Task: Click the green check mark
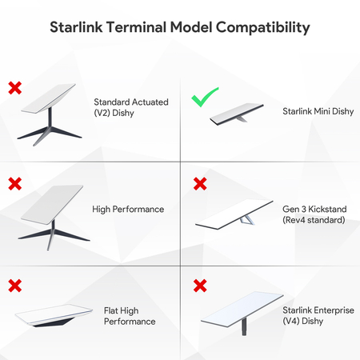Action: [x=205, y=100]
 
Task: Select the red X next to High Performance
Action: [x=14, y=184]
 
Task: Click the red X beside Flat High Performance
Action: [x=14, y=286]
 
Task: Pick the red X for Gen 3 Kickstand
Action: [x=200, y=184]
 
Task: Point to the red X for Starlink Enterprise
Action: [x=200, y=286]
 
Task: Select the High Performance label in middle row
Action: [x=128, y=210]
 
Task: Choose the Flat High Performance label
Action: [x=130, y=315]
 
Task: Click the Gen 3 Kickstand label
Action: [x=314, y=214]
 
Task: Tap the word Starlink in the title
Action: [x=77, y=28]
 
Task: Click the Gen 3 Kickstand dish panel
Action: [x=240, y=214]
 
